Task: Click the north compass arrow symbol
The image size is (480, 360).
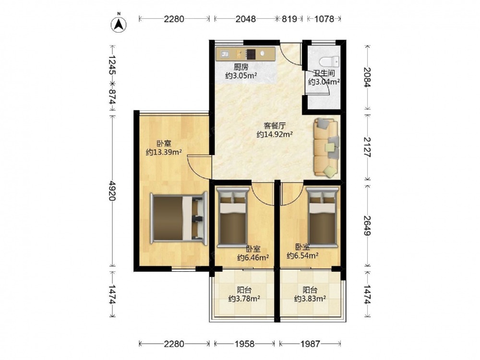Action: coord(119,24)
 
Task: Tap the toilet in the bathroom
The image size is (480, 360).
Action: coord(329,61)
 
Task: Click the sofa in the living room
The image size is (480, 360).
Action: coord(326,148)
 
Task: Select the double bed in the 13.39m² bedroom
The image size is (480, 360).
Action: coord(179,217)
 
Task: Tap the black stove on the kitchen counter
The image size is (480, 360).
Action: coord(251,54)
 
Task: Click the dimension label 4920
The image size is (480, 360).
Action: coord(112,191)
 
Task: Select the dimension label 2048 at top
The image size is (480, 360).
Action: coord(245,19)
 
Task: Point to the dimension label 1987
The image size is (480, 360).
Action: coord(310,344)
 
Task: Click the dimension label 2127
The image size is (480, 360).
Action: coord(367,147)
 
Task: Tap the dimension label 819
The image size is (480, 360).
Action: coord(289,19)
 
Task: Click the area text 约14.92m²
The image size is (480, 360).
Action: coord(275,134)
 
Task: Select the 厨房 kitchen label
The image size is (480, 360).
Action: coord(241,67)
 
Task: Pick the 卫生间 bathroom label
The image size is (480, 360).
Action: coord(324,73)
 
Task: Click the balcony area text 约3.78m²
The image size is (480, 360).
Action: coord(244,298)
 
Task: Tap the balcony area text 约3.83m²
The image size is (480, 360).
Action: coord(310,298)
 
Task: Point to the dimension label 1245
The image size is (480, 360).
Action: coord(112,65)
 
